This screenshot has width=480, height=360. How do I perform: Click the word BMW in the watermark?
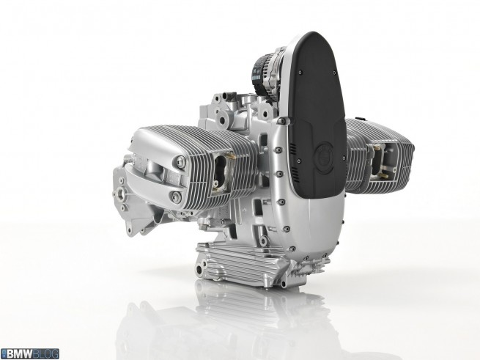tap(20, 354)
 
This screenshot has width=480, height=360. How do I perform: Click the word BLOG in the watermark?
tap(45, 354)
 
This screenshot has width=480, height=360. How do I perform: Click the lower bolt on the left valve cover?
tap(177, 196)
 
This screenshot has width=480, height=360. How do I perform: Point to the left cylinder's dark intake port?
tap(220, 173)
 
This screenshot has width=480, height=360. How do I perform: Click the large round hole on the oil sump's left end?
tap(199, 271)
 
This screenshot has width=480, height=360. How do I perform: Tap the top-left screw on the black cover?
tap(300, 73)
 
